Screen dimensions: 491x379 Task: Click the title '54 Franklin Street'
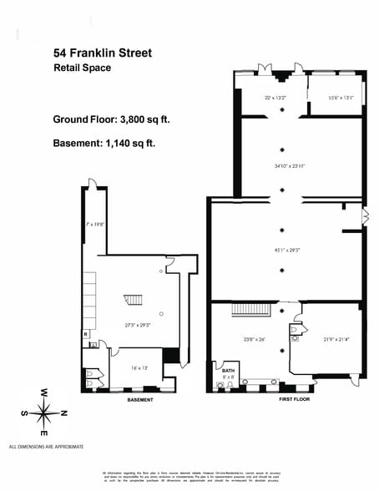pyautogui.click(x=102, y=53)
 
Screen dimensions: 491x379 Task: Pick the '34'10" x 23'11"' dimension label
pyautogui.click(x=284, y=165)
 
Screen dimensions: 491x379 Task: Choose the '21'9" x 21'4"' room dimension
pyautogui.click(x=336, y=338)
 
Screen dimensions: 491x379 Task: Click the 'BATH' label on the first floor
pyautogui.click(x=227, y=368)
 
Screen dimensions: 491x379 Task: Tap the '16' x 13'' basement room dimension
pyautogui.click(x=138, y=367)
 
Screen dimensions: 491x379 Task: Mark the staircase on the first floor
pyautogui.click(x=247, y=310)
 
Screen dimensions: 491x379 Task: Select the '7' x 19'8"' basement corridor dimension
pyautogui.click(x=93, y=224)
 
